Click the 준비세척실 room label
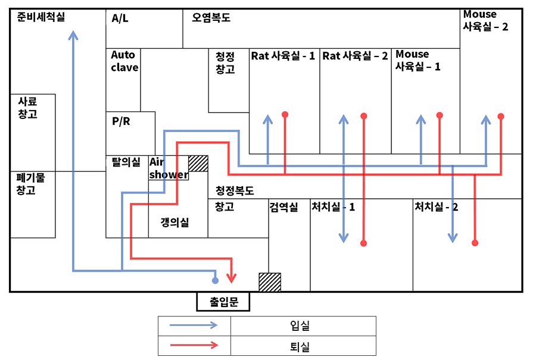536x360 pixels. tap(41, 17)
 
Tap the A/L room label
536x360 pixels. tap(120, 18)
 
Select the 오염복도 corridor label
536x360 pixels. tap(211, 18)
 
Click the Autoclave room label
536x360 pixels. tap(124, 61)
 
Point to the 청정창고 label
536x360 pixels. tap(225, 62)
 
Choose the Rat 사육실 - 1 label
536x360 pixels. tap(283, 56)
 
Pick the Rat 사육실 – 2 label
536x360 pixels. tap(355, 56)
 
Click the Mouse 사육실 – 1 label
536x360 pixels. tap(418, 61)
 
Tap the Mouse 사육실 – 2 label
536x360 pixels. tap(485, 20)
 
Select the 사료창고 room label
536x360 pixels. tap(27, 108)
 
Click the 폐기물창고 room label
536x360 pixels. tap(27, 183)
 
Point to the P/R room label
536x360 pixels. tap(121, 121)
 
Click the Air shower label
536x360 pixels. tap(168, 168)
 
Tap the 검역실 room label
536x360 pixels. tap(283, 207)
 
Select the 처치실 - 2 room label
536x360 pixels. tap(436, 207)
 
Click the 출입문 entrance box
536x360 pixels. tap(223, 302)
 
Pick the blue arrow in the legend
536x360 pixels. tap(194, 325)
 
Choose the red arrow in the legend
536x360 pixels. tap(194, 346)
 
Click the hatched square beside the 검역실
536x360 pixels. tap(269, 281)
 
